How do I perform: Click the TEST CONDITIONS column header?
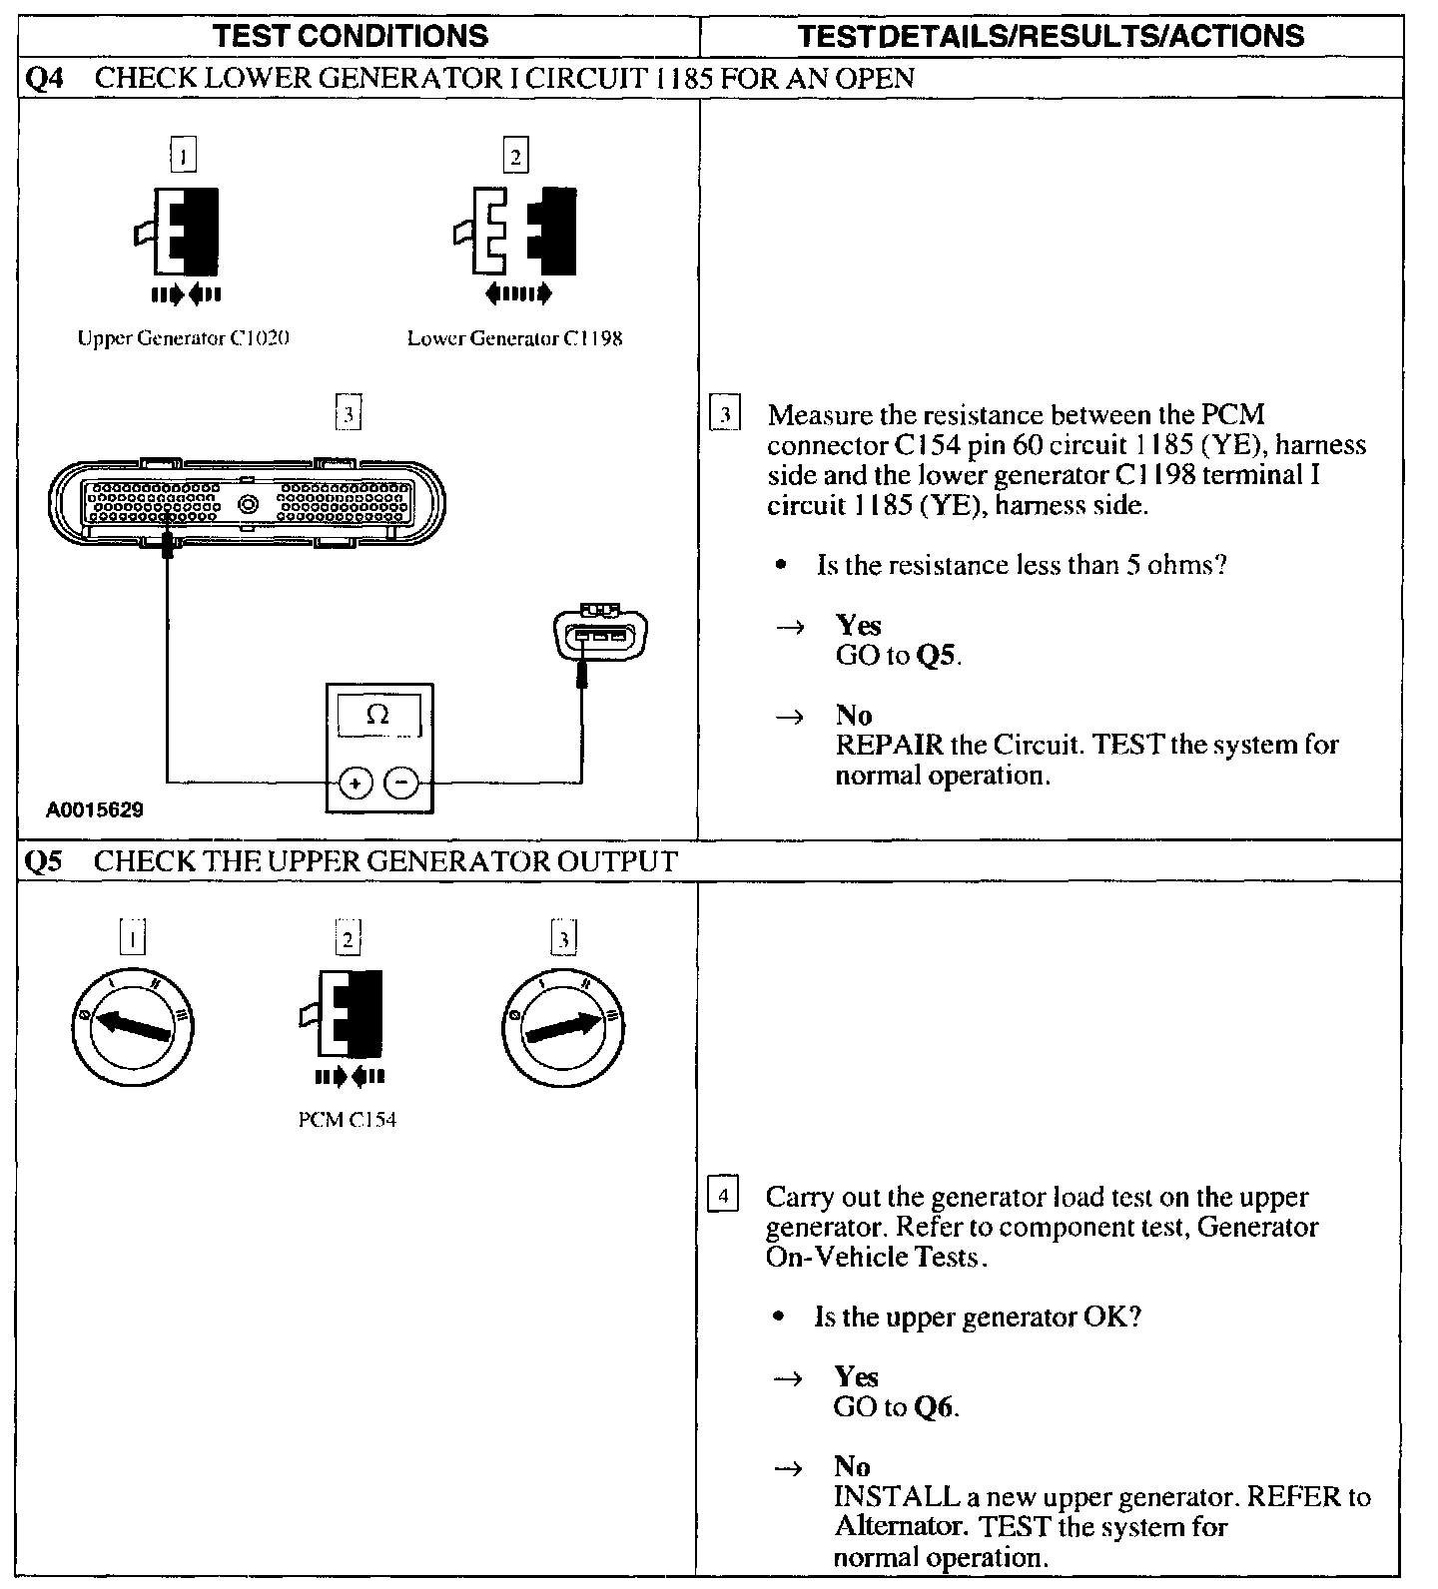point(352,37)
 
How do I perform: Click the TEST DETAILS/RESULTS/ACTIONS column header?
point(1051,37)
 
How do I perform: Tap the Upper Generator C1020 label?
point(184,338)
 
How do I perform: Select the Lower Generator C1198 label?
point(514,338)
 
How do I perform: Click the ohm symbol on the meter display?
point(378,714)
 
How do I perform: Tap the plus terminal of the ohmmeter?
point(354,784)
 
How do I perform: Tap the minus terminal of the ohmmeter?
point(402,784)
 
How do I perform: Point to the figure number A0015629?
point(95,809)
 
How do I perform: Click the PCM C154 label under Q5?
point(348,1120)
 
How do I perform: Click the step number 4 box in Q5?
point(722,1195)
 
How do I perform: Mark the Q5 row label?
point(43,861)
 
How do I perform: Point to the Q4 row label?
point(43,78)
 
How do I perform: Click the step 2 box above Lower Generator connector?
point(515,155)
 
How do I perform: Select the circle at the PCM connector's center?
point(249,504)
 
